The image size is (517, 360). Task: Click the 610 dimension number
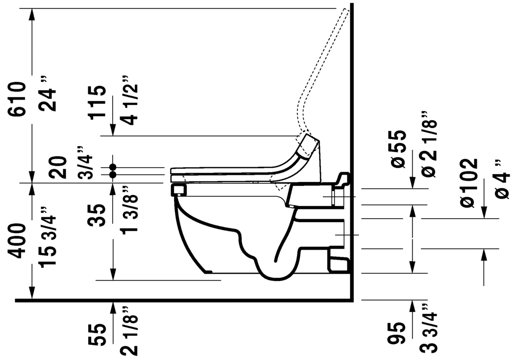coord(18,99)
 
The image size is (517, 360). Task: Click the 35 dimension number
coord(97,215)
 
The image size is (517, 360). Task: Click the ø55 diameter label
coord(398,149)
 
